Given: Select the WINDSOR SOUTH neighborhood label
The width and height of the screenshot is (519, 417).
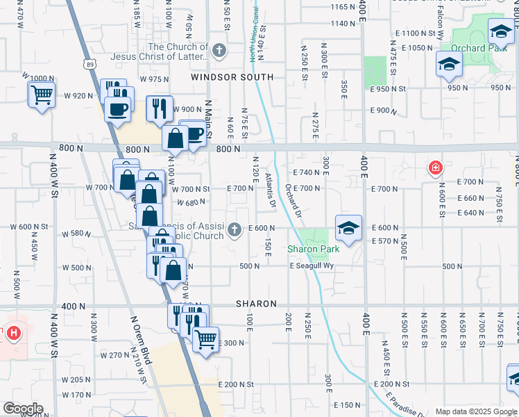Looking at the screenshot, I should point(233,76).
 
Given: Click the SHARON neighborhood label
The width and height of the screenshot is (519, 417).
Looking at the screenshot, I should point(256,304).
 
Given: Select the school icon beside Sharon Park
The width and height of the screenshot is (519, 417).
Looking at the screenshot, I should point(348,227).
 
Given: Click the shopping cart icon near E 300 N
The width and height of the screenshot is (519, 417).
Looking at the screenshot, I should point(205,340).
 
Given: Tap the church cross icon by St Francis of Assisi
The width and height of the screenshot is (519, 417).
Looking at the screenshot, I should point(235,229).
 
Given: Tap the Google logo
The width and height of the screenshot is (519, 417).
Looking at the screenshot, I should point(22,409).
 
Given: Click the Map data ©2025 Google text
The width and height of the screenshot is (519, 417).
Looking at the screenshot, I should point(476,411).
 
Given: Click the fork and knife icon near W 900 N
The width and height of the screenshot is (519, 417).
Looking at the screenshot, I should point(160,108).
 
